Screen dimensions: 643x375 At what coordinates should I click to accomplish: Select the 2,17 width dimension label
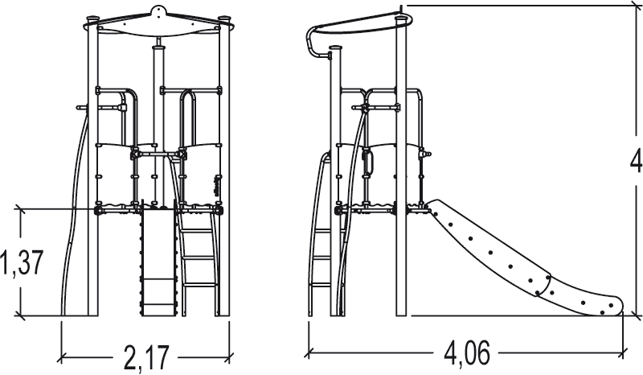click(x=146, y=358)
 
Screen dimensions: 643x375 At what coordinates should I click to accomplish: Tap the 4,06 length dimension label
click(x=467, y=352)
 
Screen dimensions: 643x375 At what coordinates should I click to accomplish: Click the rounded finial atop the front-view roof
click(x=158, y=11)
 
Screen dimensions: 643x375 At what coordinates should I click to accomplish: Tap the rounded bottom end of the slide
click(x=613, y=306)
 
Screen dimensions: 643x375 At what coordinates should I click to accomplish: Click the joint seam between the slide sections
click(x=543, y=286)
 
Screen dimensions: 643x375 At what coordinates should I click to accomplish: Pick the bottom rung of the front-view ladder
click(x=199, y=284)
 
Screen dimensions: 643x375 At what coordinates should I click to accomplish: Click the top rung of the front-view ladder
click(x=196, y=229)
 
